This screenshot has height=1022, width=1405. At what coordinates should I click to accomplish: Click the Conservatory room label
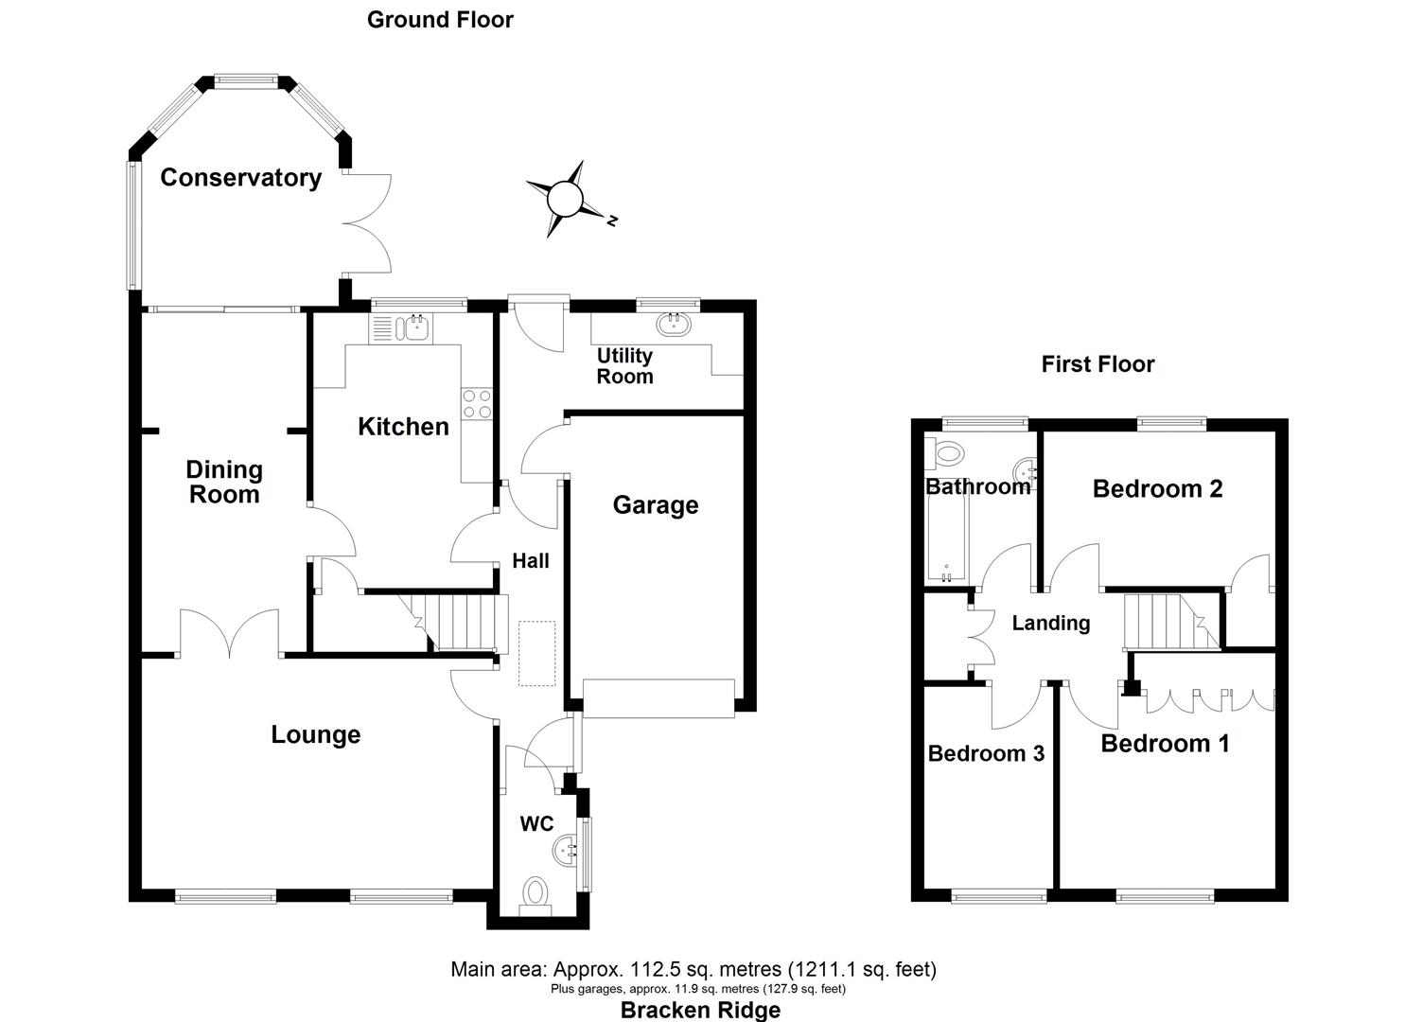[x=240, y=178]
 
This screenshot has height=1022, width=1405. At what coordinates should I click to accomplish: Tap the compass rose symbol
[x=566, y=200]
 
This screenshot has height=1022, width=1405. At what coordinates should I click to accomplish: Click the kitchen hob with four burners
[x=476, y=404]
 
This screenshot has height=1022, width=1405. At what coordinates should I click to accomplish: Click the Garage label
[x=655, y=505]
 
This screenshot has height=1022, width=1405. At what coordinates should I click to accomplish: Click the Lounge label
[x=315, y=735]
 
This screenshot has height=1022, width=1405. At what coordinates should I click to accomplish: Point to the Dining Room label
[x=223, y=482]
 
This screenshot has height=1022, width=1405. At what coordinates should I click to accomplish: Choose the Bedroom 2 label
[x=1157, y=489]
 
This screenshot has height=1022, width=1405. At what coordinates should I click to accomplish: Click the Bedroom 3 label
[x=986, y=754]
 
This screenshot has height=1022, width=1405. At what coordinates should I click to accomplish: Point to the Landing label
[x=1050, y=624]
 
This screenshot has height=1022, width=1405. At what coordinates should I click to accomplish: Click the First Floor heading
[x=1098, y=364]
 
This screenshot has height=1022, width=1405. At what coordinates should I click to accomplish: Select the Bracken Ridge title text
[x=700, y=1010]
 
